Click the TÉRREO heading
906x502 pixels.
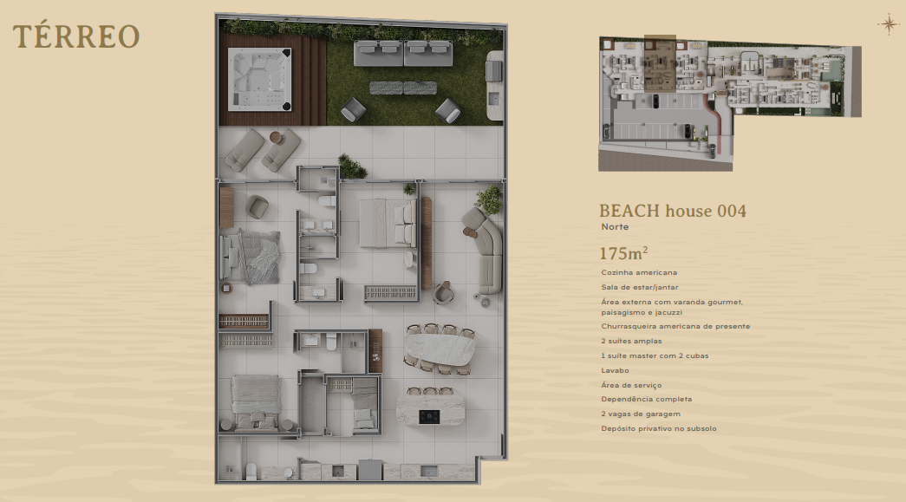tap(76, 36)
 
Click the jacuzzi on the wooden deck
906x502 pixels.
tap(260, 79)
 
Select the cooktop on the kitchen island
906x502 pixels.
tap(429, 415)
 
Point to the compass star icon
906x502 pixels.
tap(889, 24)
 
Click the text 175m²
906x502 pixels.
tap(623, 253)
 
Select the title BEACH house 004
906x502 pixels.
tap(673, 211)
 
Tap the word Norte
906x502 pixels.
tap(615, 227)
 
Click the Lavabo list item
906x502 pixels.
tap(615, 370)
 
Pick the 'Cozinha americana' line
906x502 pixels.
tap(639, 272)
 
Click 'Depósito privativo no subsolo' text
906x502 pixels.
tap(659, 428)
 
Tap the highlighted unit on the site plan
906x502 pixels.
tap(660, 63)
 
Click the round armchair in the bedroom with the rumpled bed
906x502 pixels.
tap(256, 207)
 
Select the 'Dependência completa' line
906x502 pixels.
tap(646, 399)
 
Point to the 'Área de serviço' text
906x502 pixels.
tap(631, 385)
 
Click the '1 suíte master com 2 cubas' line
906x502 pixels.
tap(655, 355)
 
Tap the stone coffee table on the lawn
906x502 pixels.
tap(403, 88)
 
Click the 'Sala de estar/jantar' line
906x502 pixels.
tap(640, 287)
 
